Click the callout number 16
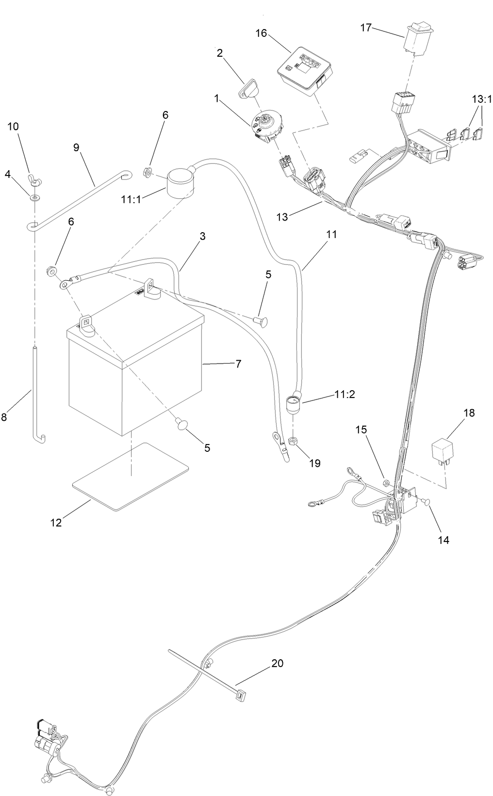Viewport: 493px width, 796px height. click(x=261, y=33)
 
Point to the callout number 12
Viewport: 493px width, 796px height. click(x=56, y=523)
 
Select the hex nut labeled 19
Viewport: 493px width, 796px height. click(x=293, y=441)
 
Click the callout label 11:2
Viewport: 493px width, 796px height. click(x=345, y=394)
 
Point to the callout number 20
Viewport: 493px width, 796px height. click(x=278, y=663)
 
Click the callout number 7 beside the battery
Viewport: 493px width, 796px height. click(x=238, y=364)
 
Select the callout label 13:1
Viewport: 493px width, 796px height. click(x=482, y=99)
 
